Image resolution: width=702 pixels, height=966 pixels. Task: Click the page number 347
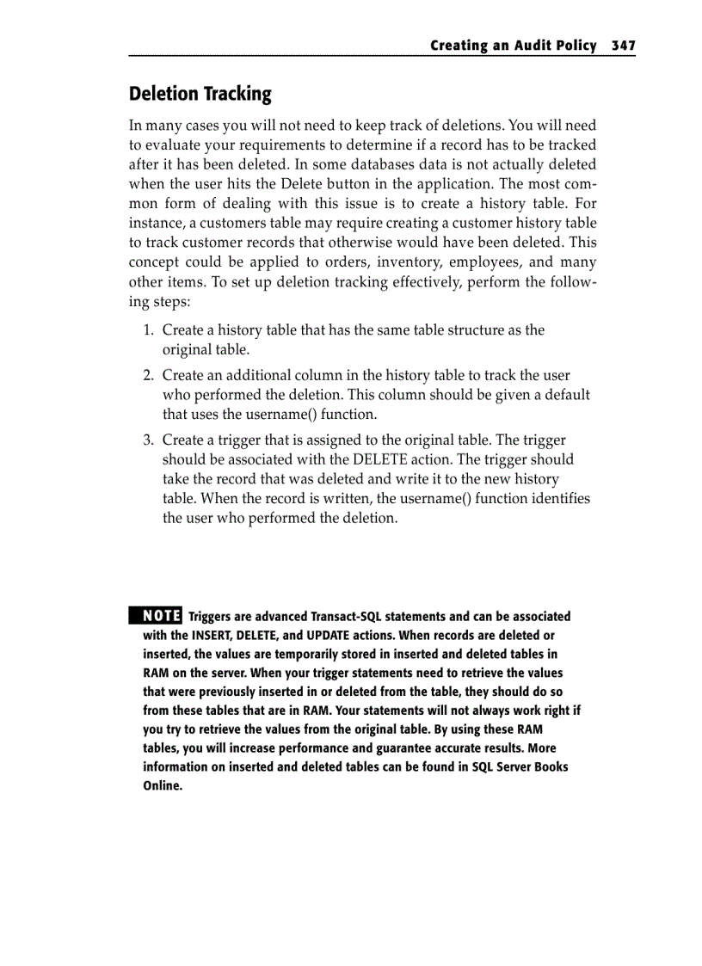tap(623, 46)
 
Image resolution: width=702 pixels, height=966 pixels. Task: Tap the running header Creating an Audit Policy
tap(513, 46)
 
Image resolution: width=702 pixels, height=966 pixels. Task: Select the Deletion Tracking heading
tap(200, 94)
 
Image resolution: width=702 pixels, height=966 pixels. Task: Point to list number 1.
tap(148, 330)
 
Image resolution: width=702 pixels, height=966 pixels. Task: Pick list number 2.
tap(148, 376)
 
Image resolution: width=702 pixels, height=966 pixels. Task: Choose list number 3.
tap(148, 440)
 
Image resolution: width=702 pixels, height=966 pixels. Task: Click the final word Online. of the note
tap(163, 785)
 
